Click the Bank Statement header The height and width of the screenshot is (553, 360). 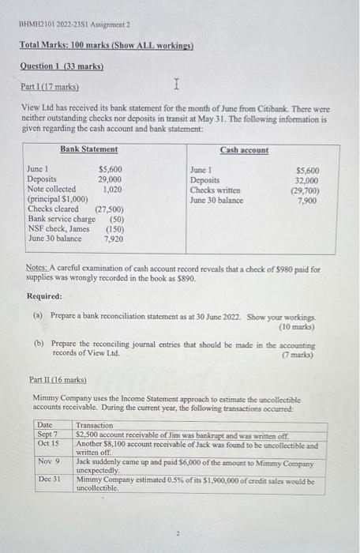click(89, 149)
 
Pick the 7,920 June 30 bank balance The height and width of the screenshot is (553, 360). click(115, 238)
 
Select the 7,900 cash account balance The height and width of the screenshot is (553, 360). click(307, 201)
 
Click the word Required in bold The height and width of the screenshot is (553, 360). click(45, 297)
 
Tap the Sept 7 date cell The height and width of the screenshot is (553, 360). click(48, 434)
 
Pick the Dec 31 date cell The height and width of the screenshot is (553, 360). click(48, 480)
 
